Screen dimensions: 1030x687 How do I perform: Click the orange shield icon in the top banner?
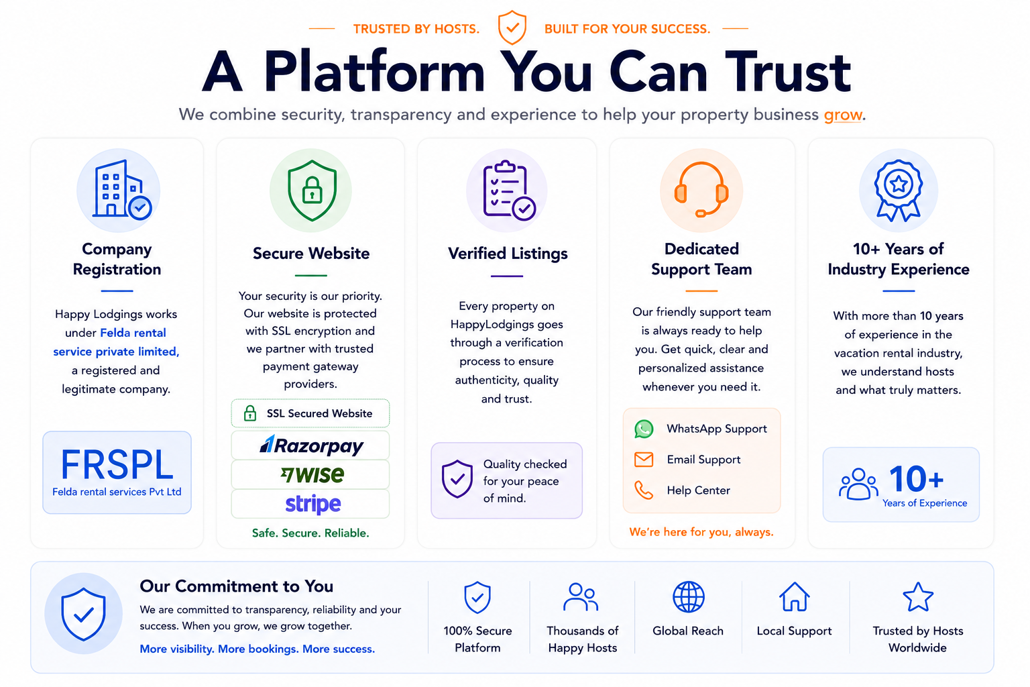512,28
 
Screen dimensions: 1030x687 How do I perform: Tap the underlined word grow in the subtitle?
843,115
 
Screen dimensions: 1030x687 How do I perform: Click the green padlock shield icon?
312,190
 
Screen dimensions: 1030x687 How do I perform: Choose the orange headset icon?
701,189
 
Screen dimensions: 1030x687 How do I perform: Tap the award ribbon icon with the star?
898,190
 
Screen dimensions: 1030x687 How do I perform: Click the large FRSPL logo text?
117,465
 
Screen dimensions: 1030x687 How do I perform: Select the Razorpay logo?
311,445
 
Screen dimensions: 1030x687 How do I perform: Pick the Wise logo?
312,474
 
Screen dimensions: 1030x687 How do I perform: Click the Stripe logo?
312,505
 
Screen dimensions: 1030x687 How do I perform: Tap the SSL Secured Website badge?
310,413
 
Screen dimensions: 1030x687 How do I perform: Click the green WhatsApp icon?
644,429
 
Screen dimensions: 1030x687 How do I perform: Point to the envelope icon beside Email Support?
644,460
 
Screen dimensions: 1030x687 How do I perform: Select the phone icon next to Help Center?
644,490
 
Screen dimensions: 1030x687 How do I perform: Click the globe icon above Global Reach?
689,597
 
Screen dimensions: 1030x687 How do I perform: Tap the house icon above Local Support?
794,597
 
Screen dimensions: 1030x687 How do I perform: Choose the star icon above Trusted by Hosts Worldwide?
918,597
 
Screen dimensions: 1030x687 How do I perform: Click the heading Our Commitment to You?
236,586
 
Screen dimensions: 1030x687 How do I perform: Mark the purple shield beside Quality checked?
457,479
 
